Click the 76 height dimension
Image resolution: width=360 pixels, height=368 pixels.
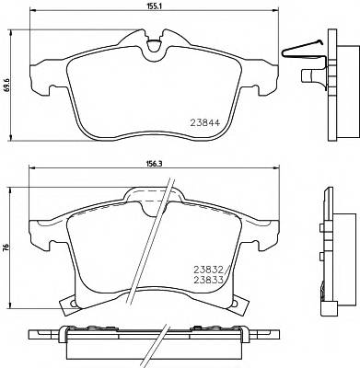(6, 246)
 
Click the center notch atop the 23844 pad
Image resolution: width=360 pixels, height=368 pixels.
(153, 39)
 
